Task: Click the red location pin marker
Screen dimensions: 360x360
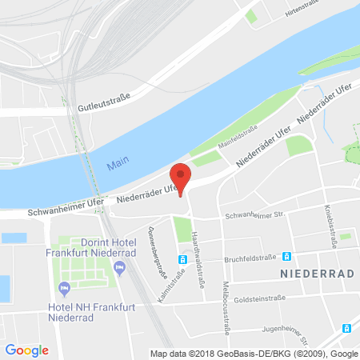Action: click(x=182, y=177)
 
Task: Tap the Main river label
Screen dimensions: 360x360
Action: click(x=116, y=166)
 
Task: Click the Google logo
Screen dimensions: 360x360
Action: click(x=26, y=350)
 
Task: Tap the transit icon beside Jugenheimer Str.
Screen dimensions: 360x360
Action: click(x=346, y=328)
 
